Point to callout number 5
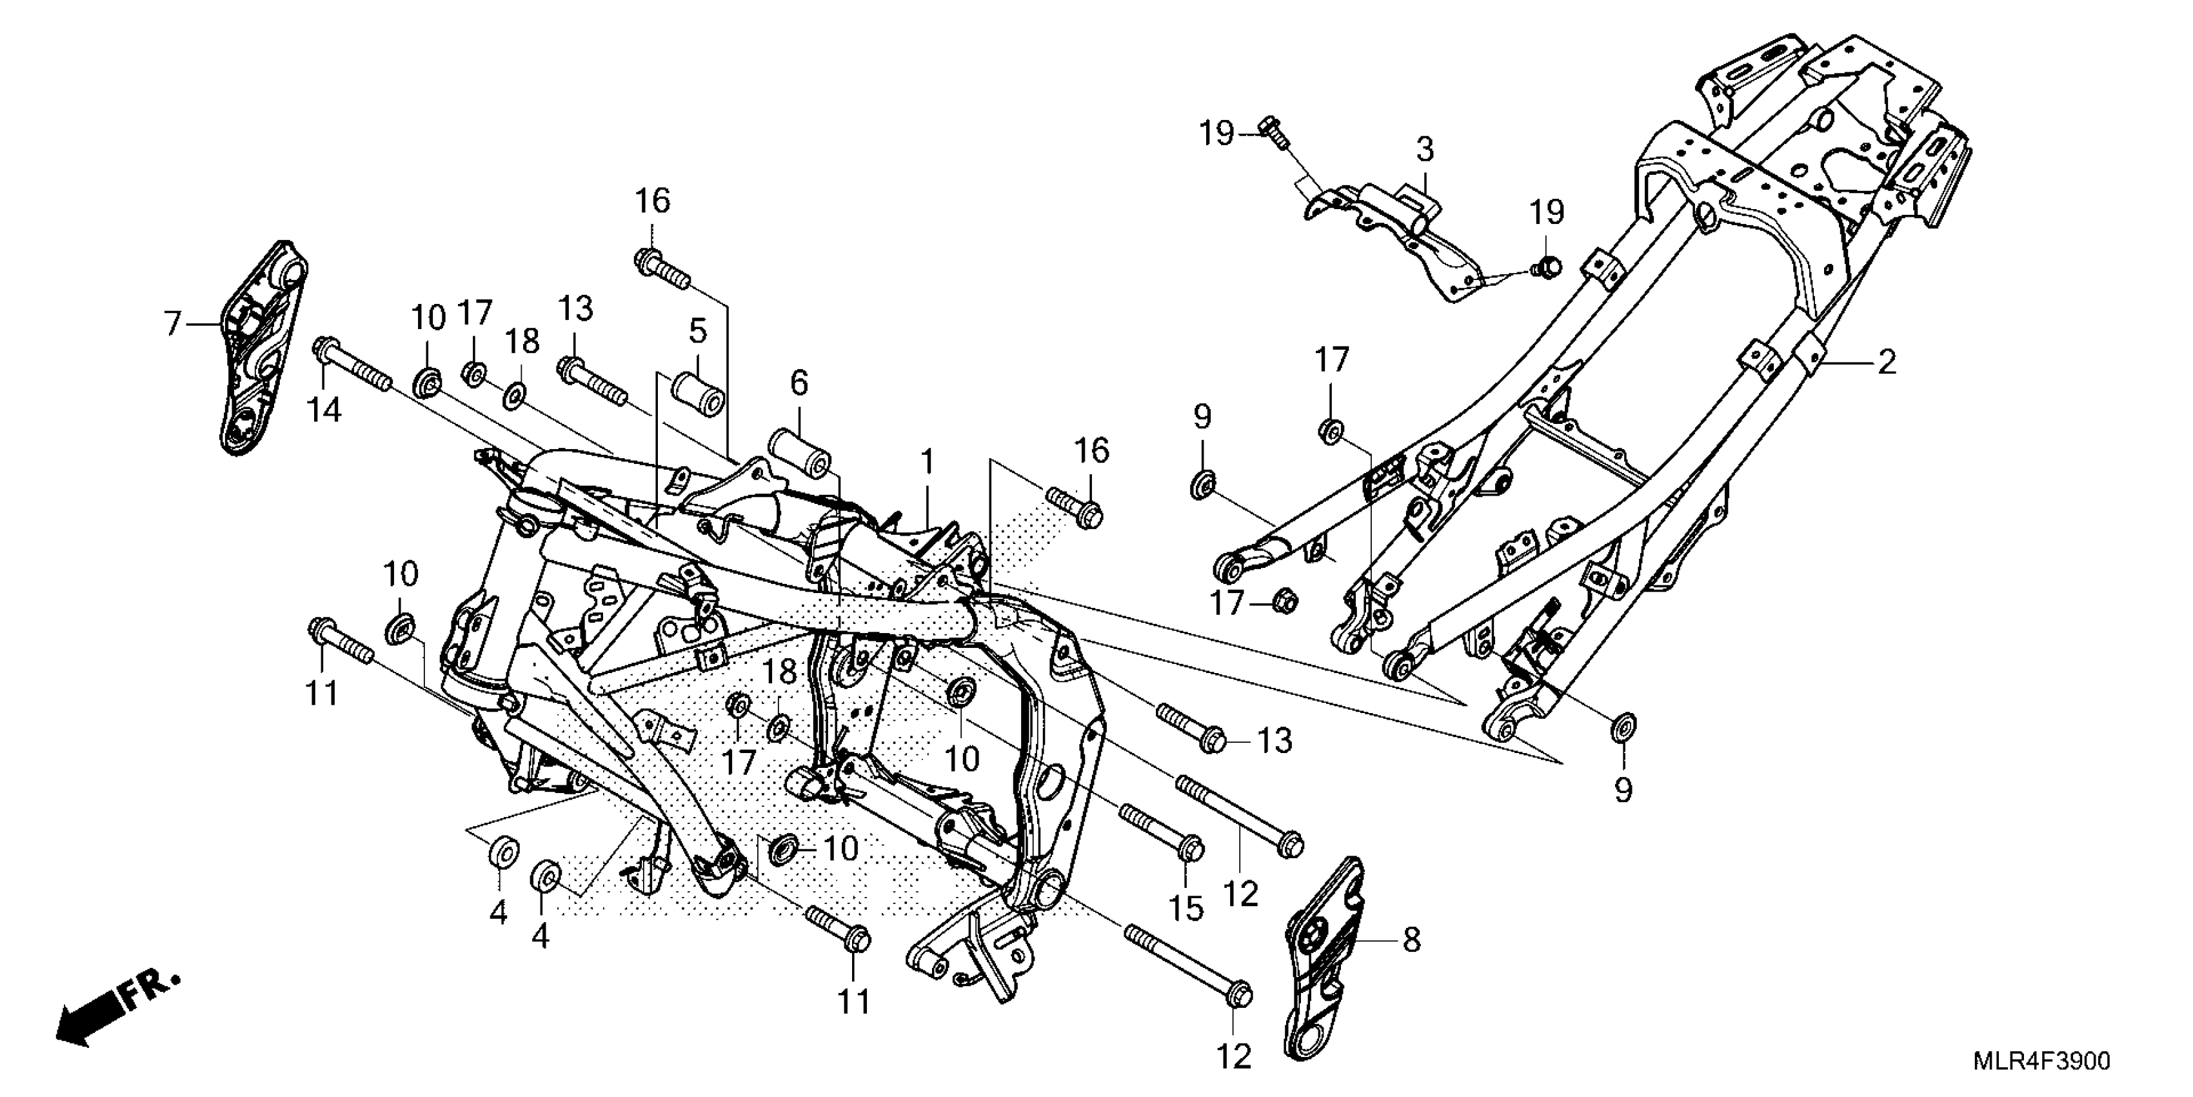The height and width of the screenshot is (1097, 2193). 698,330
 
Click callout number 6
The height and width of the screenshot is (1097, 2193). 799,383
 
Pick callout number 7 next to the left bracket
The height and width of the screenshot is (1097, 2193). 173,324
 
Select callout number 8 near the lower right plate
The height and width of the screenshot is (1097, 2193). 1411,941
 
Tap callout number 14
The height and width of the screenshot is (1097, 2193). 324,410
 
